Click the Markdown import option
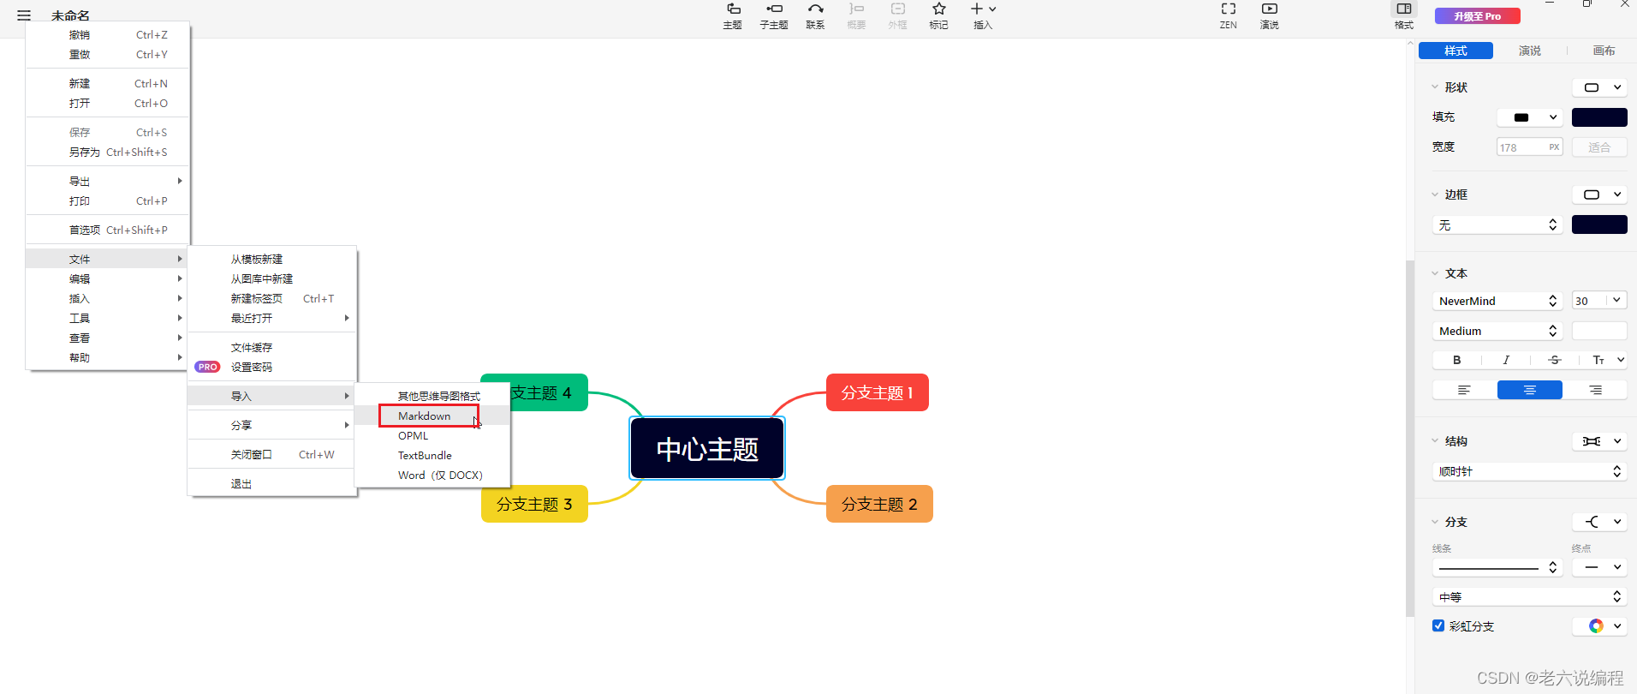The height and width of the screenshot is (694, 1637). coord(425,416)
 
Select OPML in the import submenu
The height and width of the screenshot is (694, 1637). coord(414,436)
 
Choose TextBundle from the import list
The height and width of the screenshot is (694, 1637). coord(425,456)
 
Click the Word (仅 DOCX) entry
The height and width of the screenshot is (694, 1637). coord(440,476)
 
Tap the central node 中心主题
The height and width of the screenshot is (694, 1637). coord(707,449)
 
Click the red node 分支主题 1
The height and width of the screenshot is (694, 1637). coord(877,393)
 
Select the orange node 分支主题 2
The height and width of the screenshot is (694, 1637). coord(878,505)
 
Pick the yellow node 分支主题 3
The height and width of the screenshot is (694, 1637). coord(534,505)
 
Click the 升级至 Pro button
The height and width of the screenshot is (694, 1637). coord(1477,16)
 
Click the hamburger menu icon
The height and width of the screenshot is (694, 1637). coord(24,15)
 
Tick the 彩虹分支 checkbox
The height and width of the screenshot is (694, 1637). coord(1438,625)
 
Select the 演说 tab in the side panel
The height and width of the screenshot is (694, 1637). coord(1529,51)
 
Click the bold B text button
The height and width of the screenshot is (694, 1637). coord(1456,361)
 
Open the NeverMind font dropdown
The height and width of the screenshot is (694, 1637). coord(1497,301)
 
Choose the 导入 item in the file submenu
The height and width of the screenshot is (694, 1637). coord(241,397)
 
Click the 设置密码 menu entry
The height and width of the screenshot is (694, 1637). coord(252,368)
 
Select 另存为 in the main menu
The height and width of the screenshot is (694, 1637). coord(85,153)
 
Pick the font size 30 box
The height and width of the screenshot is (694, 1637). coord(1588,301)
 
